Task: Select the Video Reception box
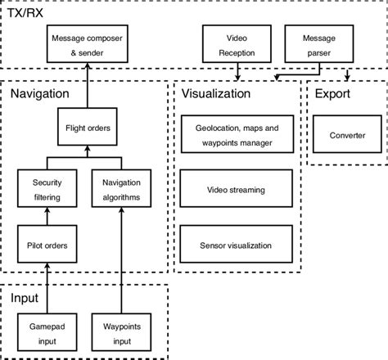[236, 45]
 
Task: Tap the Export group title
[334, 94]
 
